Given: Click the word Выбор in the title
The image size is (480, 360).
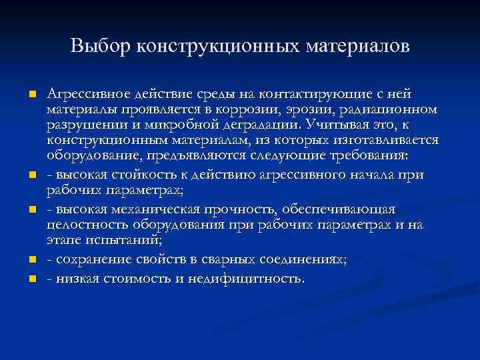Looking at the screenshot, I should pos(100,47).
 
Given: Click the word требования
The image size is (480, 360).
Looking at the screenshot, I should pos(371,155).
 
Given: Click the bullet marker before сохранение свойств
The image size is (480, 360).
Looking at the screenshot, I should pos(31,261).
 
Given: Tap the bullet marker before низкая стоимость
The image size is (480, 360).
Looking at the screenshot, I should pos(31,279).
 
